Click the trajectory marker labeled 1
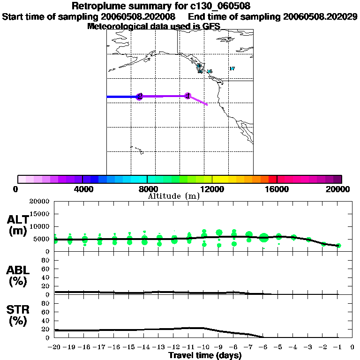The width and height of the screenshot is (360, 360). pyautogui.click(x=188, y=96)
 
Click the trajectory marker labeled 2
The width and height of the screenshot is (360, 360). pyautogui.click(x=139, y=97)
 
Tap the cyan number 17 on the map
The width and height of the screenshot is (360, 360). pyautogui.click(x=232, y=68)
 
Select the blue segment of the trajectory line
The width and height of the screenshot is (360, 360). pyautogui.click(x=122, y=97)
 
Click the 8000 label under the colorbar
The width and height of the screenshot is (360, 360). pyautogui.click(x=147, y=189)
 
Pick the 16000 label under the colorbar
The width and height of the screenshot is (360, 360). pyautogui.click(x=277, y=189)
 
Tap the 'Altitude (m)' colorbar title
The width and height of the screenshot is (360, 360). pyautogui.click(x=174, y=196)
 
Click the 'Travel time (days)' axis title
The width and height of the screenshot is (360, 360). pyautogui.click(x=205, y=355)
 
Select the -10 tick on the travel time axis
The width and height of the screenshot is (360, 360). pyautogui.click(x=203, y=347)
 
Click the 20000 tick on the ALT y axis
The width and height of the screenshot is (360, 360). pyautogui.click(x=40, y=202)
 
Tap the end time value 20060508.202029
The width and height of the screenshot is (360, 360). pyautogui.click(x=320, y=16)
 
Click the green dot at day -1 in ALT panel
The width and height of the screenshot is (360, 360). pyautogui.click(x=338, y=246)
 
